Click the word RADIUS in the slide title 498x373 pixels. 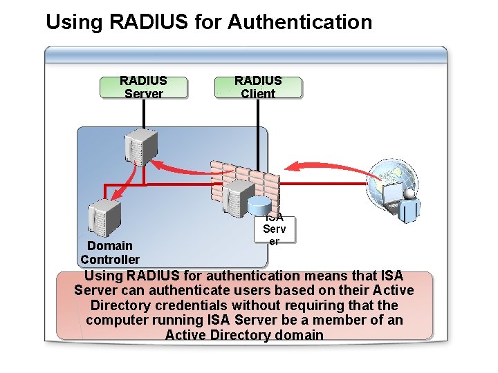point(149,21)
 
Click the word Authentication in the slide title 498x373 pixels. point(299,21)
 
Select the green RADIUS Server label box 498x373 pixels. point(144,88)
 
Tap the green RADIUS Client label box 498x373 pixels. point(258,88)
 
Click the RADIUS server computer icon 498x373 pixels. point(141,147)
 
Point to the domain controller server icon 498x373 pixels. point(104,218)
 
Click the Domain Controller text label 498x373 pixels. point(110,253)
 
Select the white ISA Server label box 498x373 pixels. point(275,229)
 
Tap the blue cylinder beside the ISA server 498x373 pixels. point(259,205)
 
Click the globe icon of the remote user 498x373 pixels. point(391,184)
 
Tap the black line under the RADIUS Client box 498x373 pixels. point(258,135)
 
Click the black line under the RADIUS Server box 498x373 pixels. point(144,114)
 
